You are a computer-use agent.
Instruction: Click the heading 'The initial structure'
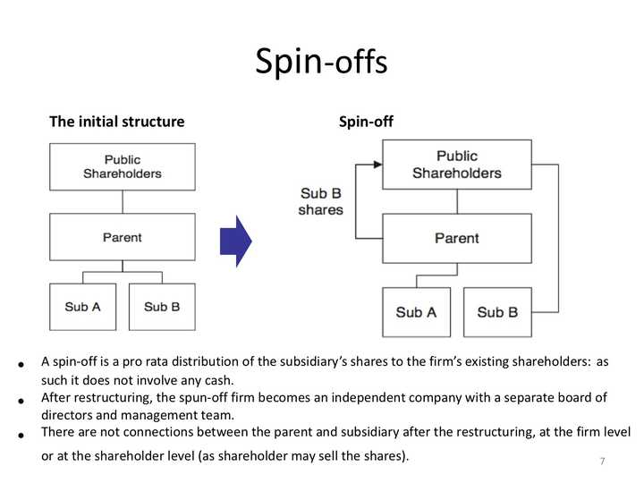tap(116, 122)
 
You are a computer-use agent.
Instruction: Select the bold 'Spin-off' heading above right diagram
tap(366, 122)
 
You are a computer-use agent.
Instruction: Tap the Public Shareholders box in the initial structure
tap(122, 166)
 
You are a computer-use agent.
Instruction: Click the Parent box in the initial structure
tap(122, 238)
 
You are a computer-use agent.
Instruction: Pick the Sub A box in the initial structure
tap(82, 307)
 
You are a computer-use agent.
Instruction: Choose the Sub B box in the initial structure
tap(162, 307)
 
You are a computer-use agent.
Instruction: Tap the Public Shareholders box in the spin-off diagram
tap(456, 165)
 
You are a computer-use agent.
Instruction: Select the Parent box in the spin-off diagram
tap(456, 238)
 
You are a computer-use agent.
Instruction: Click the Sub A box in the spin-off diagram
tap(416, 312)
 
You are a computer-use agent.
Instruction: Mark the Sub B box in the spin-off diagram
tap(497, 312)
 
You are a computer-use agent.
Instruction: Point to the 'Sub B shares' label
tap(320, 201)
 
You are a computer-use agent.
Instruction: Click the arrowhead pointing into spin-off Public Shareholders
tap(377, 165)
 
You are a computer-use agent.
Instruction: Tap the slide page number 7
tap(602, 462)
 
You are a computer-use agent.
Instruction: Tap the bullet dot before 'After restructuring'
tap(20, 401)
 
